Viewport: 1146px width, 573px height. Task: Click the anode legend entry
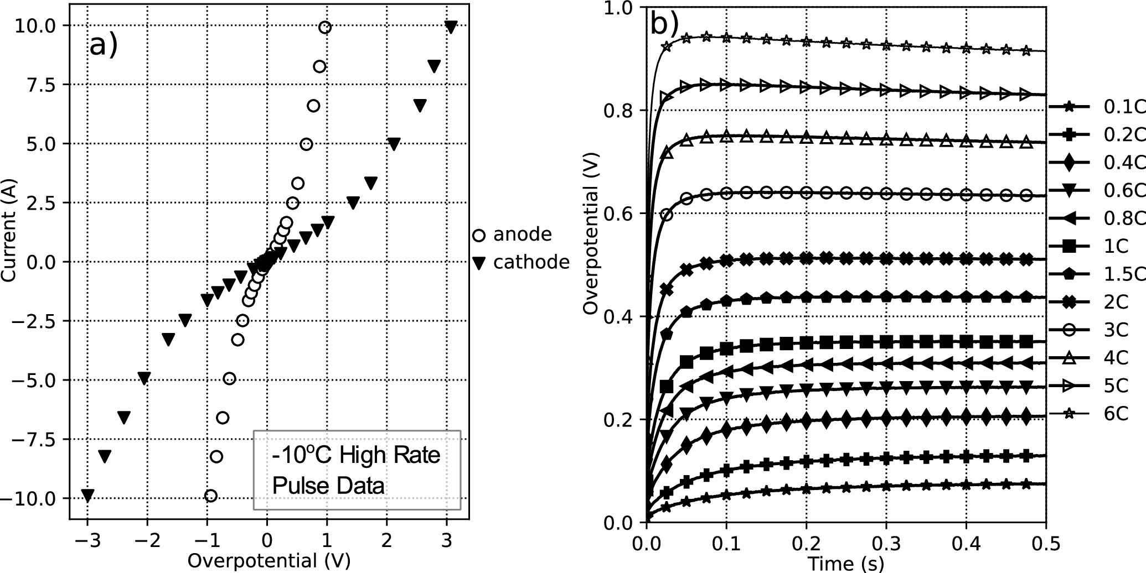point(512,235)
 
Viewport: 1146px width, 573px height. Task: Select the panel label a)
point(104,45)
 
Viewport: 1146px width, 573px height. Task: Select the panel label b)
point(664,24)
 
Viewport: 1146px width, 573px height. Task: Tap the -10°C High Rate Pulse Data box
point(357,470)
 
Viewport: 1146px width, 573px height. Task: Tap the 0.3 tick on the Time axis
point(886,543)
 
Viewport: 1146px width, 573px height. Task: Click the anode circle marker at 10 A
point(325,28)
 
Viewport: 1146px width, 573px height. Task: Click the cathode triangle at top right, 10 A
point(451,27)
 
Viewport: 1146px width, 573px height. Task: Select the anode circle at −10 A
point(210,496)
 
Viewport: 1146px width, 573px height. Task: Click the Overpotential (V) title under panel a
point(269,560)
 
